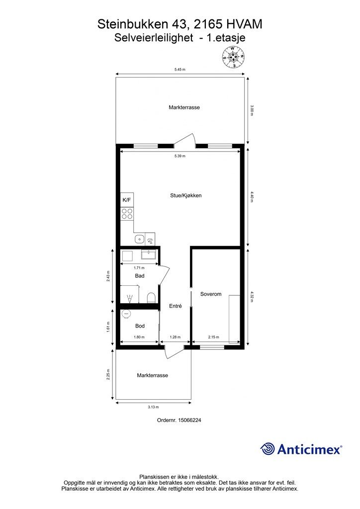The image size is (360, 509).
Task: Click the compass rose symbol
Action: [x=233, y=57]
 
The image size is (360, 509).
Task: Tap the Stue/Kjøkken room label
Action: [x=185, y=195]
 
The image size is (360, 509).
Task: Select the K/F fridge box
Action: [x=127, y=200]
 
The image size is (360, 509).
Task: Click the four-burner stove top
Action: [x=127, y=214]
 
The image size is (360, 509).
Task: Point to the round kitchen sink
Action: [x=139, y=239]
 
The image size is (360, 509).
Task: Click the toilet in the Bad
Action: [x=151, y=297]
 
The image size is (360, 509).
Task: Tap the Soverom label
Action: [x=211, y=294]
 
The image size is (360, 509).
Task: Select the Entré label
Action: [x=176, y=306]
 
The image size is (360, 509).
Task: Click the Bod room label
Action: [x=140, y=326]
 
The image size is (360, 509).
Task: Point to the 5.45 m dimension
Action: [x=180, y=70]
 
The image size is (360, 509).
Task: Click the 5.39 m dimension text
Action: [x=180, y=156]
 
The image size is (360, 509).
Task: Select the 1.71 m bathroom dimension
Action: [x=139, y=268]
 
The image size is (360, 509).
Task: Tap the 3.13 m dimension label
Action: [x=153, y=407]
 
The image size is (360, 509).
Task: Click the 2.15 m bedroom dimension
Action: [x=214, y=338]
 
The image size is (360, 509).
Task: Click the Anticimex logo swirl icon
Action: [x=268, y=449]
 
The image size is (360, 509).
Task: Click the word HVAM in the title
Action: [x=244, y=24]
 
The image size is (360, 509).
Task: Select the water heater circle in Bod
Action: [x=126, y=314]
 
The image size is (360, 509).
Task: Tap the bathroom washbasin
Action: [x=149, y=254]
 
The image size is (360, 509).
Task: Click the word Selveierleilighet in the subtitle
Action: [x=154, y=38]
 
